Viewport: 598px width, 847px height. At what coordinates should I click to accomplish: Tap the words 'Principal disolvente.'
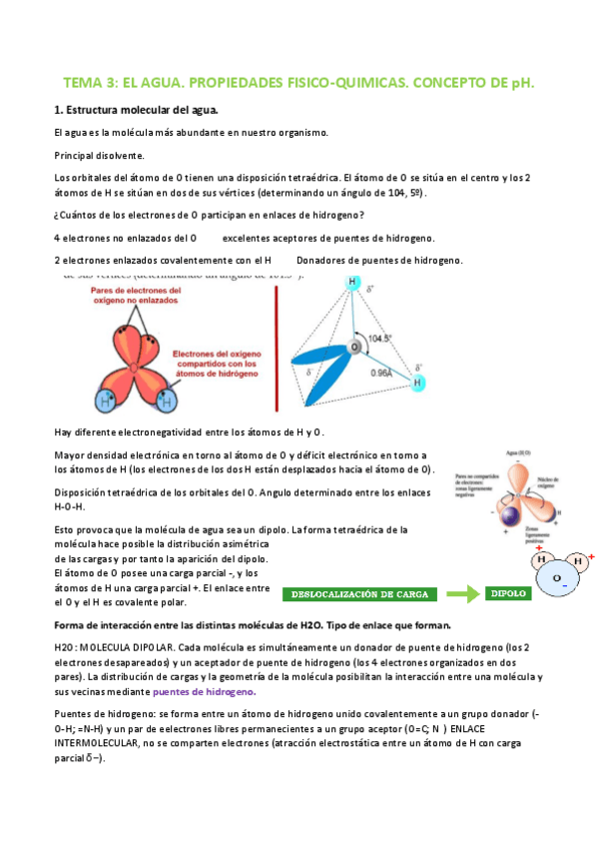click(99, 155)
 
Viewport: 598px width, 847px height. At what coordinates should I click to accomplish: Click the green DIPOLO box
click(509, 593)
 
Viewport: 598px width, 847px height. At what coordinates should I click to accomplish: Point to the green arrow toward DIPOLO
click(460, 594)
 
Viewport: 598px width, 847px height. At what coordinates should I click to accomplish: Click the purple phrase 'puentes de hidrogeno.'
click(205, 691)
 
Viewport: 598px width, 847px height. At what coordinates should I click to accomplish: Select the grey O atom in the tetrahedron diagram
click(354, 348)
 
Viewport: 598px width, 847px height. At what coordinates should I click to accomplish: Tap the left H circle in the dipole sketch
click(541, 560)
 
